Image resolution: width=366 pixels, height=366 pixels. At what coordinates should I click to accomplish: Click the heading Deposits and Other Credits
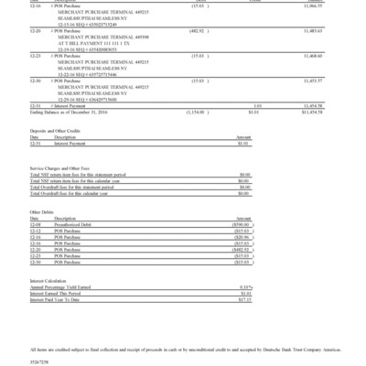click(55, 132)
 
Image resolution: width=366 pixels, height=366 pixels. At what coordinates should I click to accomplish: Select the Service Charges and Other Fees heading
click(61, 169)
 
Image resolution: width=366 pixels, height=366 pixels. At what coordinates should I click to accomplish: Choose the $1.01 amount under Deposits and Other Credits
click(242, 144)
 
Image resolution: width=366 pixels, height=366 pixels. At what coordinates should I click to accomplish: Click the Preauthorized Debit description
click(75, 224)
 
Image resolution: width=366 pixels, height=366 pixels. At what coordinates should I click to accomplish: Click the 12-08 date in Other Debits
click(36, 224)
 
